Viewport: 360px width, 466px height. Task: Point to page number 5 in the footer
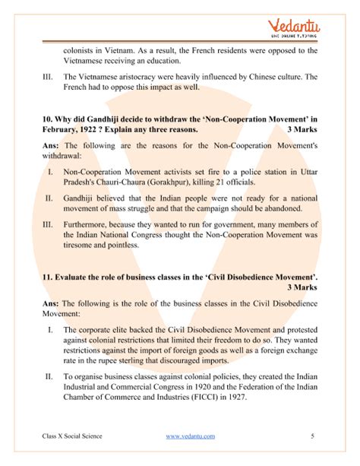point(313,436)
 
